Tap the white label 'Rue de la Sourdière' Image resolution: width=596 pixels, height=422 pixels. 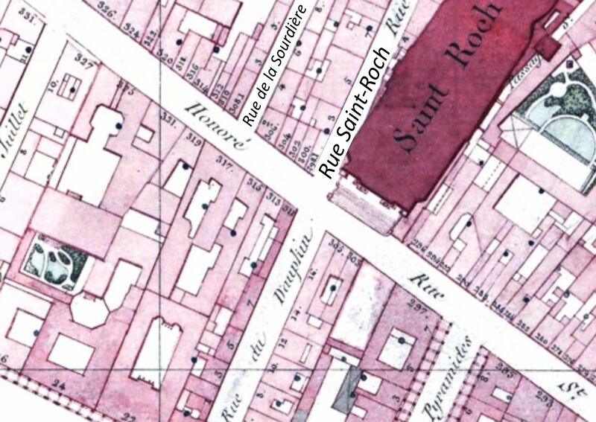[x=276, y=63]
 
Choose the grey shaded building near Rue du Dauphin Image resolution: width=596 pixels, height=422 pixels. [x=343, y=391]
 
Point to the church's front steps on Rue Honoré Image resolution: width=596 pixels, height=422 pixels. [x=365, y=206]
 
